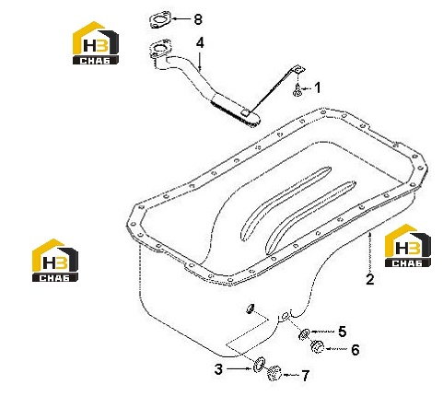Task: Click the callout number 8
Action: (198, 19)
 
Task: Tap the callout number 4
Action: (200, 43)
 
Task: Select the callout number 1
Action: (318, 87)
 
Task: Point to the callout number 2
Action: (370, 279)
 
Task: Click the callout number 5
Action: (343, 332)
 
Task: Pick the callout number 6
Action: (356, 350)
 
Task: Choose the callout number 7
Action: (305, 376)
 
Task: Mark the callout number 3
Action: (218, 369)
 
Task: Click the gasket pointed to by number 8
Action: (160, 20)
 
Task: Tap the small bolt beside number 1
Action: (297, 91)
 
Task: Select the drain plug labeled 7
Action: (274, 373)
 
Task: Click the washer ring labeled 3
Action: (260, 365)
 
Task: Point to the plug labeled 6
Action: (317, 347)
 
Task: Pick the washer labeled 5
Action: (304, 334)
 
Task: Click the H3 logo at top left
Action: (96, 42)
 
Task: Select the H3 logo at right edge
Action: (408, 245)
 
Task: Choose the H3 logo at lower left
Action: (55, 260)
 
